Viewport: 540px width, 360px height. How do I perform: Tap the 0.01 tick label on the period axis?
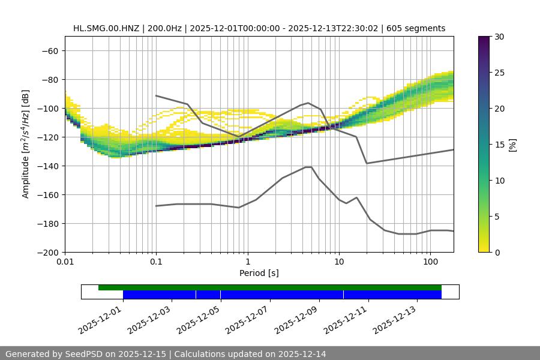pyautogui.click(x=65, y=262)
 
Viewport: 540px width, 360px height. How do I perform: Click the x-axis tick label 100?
pyautogui.click(x=430, y=262)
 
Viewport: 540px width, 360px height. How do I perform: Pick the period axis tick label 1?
pyautogui.click(x=248, y=262)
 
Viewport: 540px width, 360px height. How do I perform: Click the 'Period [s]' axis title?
pyautogui.click(x=259, y=273)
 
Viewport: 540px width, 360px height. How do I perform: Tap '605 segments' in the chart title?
pyautogui.click(x=416, y=28)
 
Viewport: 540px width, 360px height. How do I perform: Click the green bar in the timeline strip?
pyautogui.click(x=270, y=287)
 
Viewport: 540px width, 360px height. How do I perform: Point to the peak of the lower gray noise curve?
pyautogui.click(x=308, y=167)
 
